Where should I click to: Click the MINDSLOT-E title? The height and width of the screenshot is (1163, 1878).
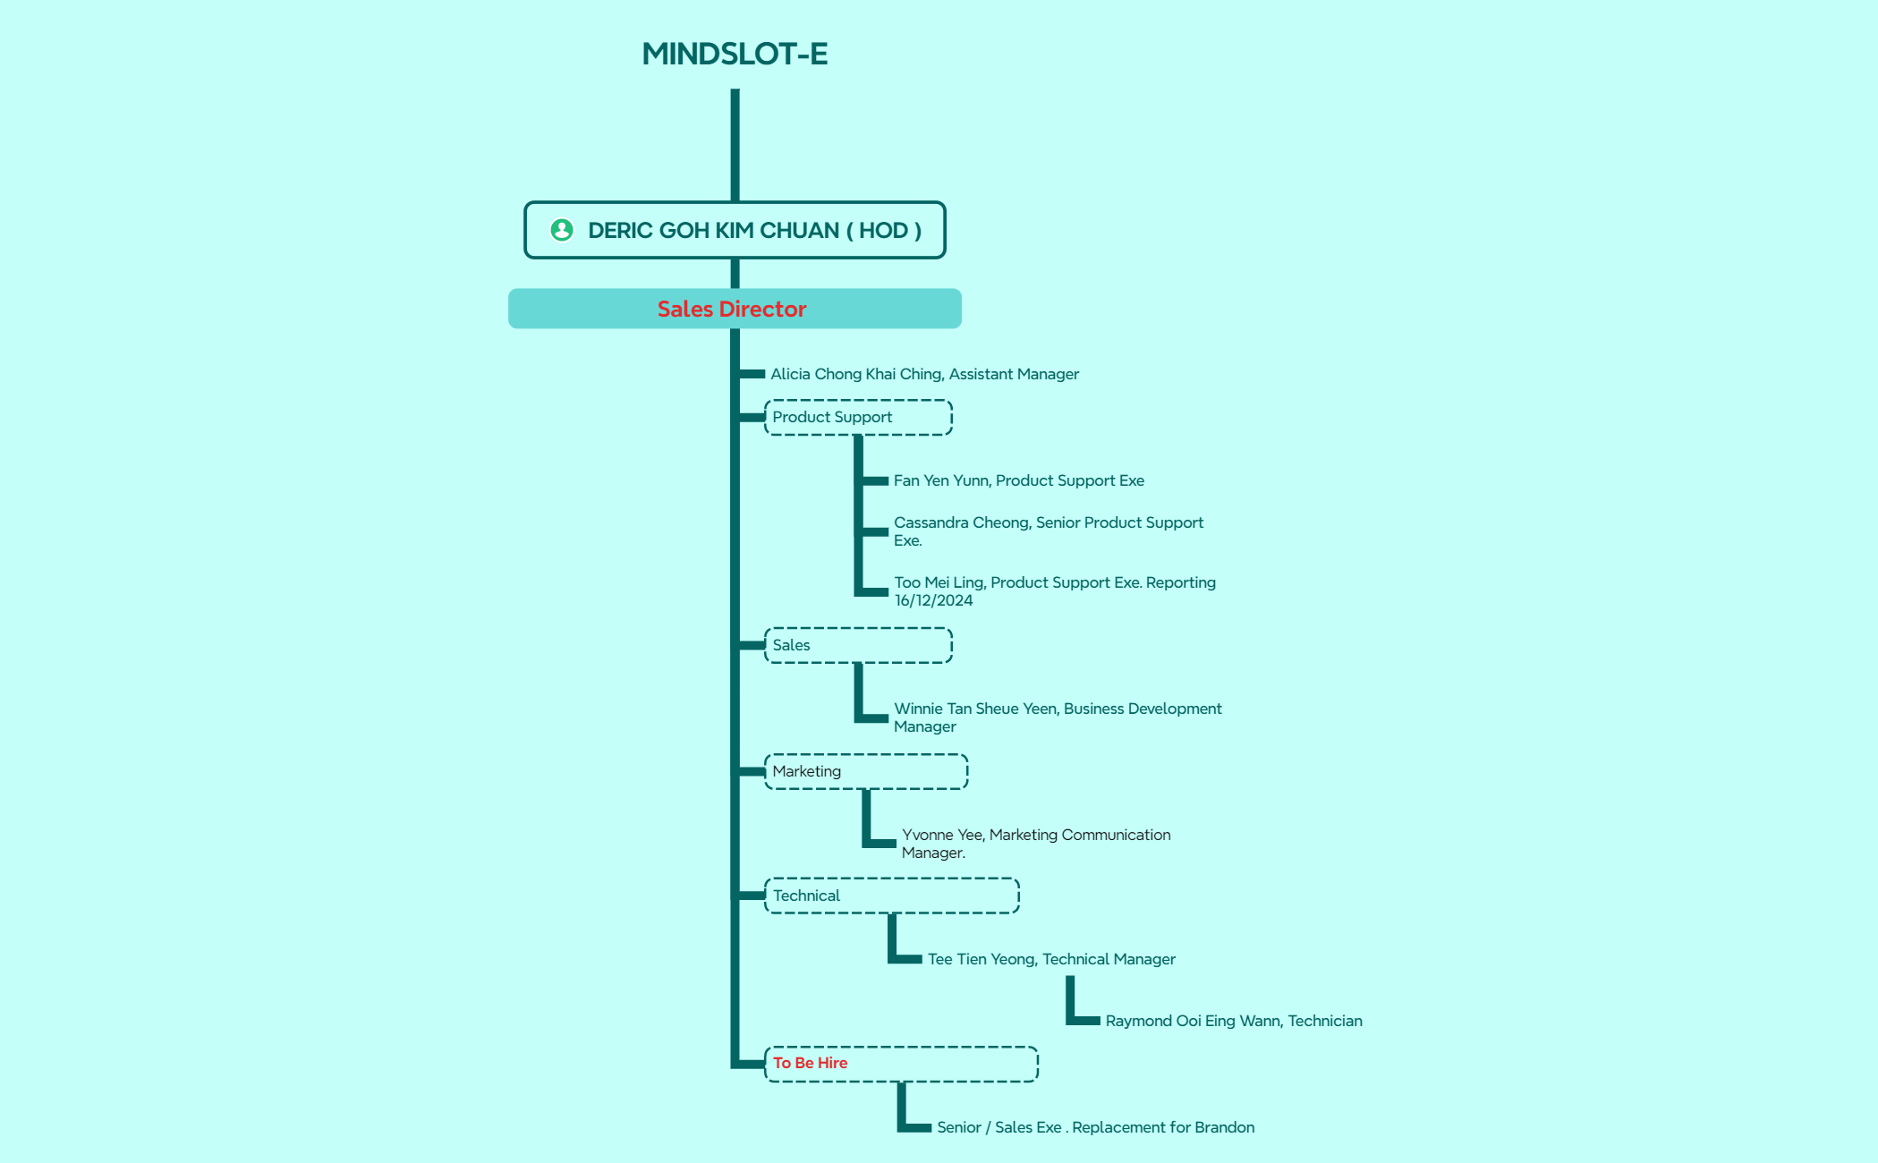coord(735,54)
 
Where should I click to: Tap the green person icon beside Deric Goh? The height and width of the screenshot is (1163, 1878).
coord(562,230)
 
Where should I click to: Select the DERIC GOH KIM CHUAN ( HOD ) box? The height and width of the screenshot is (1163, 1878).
coord(735,230)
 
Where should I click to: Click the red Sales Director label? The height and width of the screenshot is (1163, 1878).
coord(732,309)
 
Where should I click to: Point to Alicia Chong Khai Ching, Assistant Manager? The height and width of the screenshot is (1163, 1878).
coord(924,374)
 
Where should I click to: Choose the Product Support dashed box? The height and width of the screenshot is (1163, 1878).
coord(858,418)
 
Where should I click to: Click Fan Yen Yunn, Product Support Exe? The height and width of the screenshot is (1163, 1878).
coord(1019,480)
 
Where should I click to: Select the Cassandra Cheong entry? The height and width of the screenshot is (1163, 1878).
coord(1049,531)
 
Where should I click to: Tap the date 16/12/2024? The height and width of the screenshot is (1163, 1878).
coord(933,600)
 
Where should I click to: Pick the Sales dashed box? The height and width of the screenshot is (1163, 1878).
coord(858,645)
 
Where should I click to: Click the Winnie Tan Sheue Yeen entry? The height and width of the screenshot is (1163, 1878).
coord(1058,717)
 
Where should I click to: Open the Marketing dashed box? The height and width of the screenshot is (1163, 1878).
coord(866,771)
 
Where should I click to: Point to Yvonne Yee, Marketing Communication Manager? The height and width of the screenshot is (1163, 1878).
coord(1036,844)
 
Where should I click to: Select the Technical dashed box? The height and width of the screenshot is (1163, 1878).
coord(892,896)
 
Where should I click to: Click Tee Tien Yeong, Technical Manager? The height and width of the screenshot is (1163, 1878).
coord(1051,959)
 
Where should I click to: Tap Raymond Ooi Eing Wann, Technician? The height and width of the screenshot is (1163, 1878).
coord(1234,1021)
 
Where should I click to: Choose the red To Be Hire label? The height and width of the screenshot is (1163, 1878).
coord(810,1063)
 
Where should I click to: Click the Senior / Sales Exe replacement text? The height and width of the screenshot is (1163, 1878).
coord(1095,1127)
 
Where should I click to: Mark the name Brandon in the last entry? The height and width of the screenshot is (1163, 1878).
coord(1224,1127)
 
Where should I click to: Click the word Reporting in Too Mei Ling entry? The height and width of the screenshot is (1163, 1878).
coord(1181,583)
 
